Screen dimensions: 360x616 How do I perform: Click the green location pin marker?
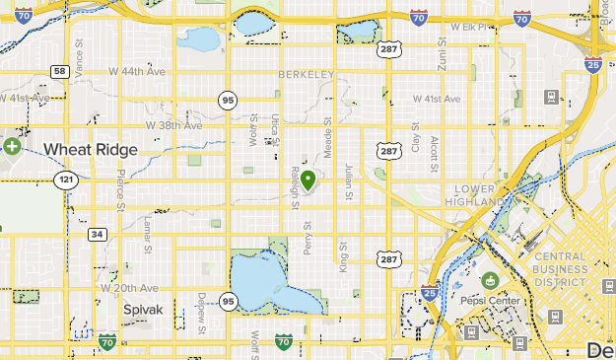click(308, 180)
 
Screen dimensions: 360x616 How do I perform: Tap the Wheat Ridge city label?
click(90, 149)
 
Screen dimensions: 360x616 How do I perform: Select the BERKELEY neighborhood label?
click(307, 75)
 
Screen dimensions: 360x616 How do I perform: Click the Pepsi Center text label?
click(490, 301)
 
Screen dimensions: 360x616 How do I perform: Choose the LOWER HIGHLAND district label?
click(480, 194)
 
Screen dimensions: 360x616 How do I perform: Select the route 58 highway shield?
click(59, 72)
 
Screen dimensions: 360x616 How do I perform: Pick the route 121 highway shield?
click(66, 180)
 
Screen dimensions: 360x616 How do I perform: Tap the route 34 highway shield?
click(97, 234)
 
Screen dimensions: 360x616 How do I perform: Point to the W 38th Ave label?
click(173, 125)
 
